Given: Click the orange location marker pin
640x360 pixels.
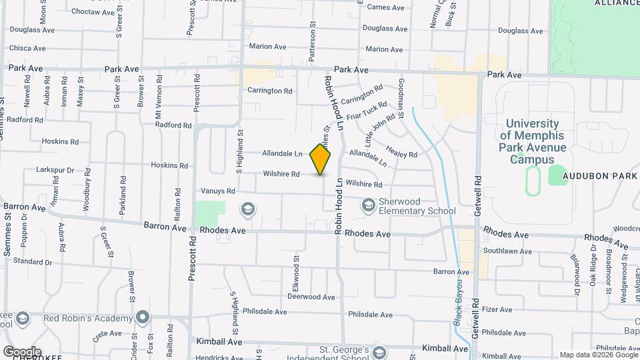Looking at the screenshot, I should pos(321,159).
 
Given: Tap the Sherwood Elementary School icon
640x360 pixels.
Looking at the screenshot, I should pos(368,206).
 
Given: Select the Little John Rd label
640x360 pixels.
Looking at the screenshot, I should pos(379,130).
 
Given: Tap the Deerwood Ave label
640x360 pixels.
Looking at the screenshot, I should pos(311,297).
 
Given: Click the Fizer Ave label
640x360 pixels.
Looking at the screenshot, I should pos(497,309).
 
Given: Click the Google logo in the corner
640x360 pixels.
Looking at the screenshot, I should pos(21,351).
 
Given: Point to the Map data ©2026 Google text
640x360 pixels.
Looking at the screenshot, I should pos(597,355).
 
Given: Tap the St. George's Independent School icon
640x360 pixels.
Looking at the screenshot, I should pos(379,352).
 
